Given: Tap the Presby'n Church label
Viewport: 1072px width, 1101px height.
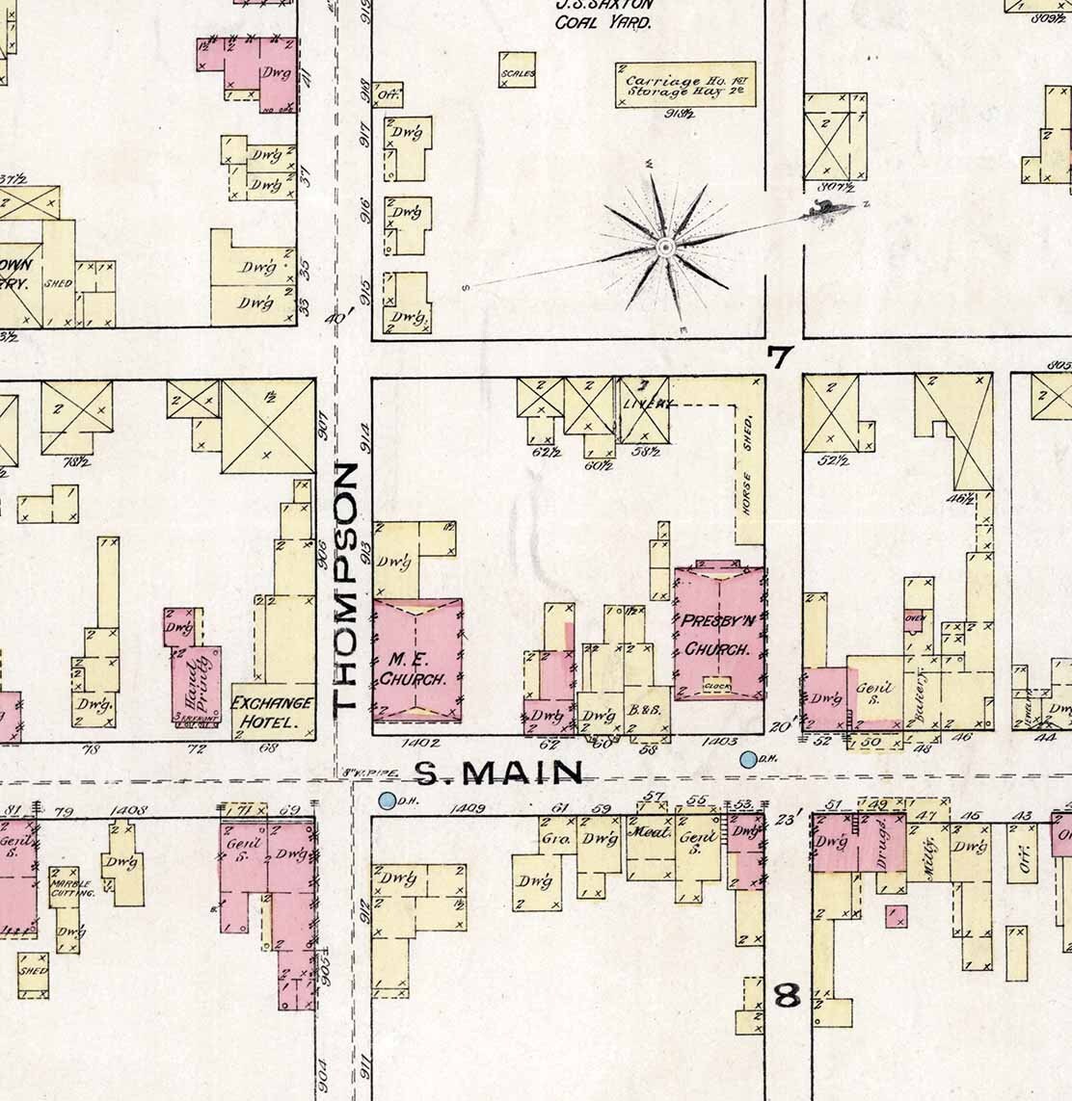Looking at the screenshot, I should coord(716,636).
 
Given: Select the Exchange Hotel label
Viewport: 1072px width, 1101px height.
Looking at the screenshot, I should coord(273,712).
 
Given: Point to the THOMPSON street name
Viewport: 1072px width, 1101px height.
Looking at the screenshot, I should coord(346,588).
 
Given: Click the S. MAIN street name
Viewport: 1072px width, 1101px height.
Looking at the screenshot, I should coord(499,773).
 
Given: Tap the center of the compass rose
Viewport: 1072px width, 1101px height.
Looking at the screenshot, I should coord(663,249).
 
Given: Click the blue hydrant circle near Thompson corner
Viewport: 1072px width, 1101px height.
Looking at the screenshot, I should coord(388,800).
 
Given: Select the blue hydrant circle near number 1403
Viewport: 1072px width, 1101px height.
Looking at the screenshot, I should coord(747,760).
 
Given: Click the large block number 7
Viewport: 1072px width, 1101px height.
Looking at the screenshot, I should coord(779,358).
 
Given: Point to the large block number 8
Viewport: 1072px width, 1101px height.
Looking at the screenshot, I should coord(788,995).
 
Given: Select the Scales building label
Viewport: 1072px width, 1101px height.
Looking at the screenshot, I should coord(516,74).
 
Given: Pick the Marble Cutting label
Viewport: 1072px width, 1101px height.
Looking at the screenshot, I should coord(73,887).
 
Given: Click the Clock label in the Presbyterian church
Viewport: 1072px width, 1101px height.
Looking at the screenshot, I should coord(716,686).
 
